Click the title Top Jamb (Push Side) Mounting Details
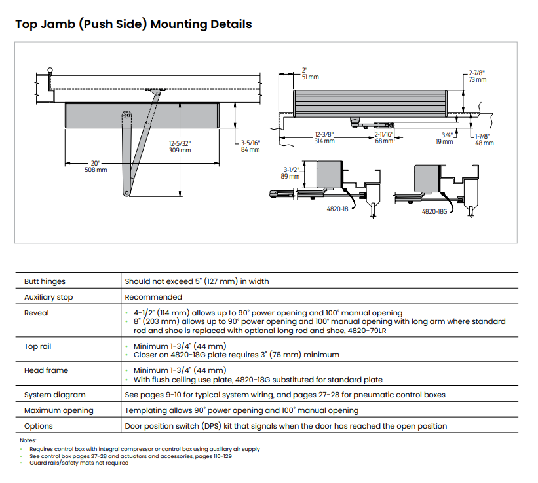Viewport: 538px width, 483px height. coord(133,24)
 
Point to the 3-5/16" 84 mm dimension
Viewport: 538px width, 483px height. coord(250,146)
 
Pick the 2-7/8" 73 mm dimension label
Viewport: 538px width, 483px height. coord(478,75)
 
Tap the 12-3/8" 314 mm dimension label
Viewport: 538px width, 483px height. coord(324,137)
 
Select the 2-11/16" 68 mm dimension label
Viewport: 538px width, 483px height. coord(384,137)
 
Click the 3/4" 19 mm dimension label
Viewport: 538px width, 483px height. coord(445,137)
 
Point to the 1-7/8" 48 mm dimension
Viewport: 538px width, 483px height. coord(484,139)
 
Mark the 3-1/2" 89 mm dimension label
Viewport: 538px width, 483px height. coord(290,172)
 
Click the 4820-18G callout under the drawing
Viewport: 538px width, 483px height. coord(433,212)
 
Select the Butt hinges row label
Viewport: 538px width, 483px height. coord(45,281)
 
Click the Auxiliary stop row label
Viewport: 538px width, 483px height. coord(48,297)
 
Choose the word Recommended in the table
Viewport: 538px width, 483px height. coord(153,297)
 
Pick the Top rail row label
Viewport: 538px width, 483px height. coord(37,346)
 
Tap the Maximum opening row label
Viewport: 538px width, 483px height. coord(59,410)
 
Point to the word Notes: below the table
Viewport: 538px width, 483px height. coord(28,440)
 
